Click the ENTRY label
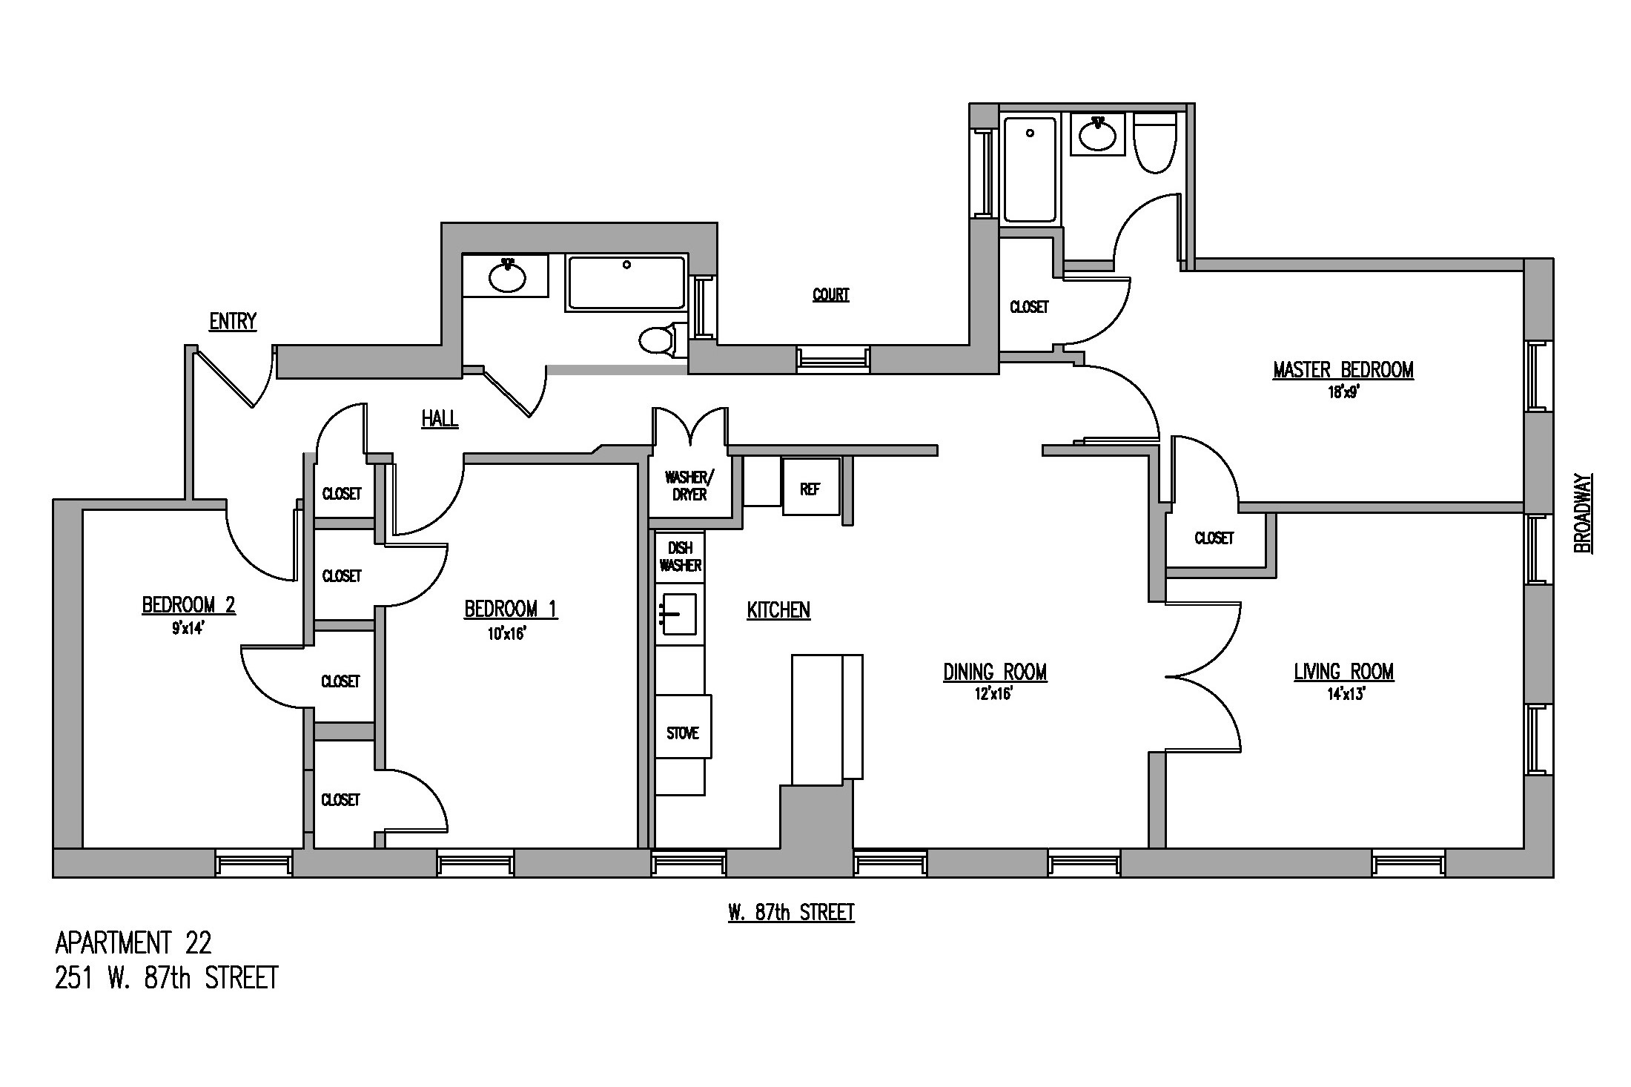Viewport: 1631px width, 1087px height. point(233,322)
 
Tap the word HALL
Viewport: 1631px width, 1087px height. point(440,419)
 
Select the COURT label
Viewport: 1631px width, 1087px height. point(830,295)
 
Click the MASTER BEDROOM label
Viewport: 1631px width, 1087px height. point(1343,370)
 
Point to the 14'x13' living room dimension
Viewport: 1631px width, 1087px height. point(1343,695)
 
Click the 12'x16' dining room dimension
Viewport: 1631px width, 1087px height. point(994,695)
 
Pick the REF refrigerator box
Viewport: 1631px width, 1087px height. point(810,487)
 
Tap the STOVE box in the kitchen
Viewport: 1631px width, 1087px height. point(683,733)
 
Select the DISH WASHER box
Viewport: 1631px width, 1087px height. point(680,556)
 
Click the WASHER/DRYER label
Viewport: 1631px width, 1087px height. point(689,486)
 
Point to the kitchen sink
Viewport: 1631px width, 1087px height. point(678,614)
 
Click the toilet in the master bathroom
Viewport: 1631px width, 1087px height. point(1154,143)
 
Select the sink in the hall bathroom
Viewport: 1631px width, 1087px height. point(507,277)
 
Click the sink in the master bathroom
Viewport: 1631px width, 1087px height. point(1098,134)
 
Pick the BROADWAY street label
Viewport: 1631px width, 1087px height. point(1582,513)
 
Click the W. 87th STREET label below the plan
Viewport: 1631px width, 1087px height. point(791,913)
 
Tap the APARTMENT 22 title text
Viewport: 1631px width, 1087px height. point(133,943)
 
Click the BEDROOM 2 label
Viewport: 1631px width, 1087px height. point(188,606)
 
